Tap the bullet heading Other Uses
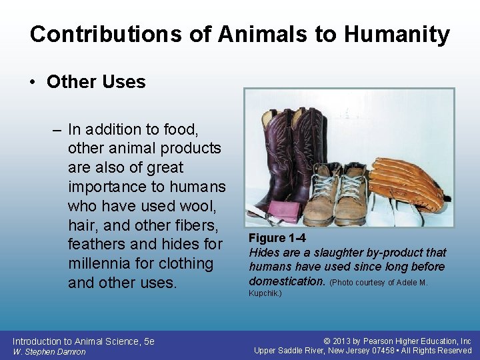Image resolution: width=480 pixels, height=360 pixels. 96,82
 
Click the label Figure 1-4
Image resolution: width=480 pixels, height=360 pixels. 277,238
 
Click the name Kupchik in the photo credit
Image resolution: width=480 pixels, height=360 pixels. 265,293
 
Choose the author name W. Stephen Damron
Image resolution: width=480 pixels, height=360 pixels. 49,352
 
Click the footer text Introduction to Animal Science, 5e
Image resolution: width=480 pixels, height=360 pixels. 83,341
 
